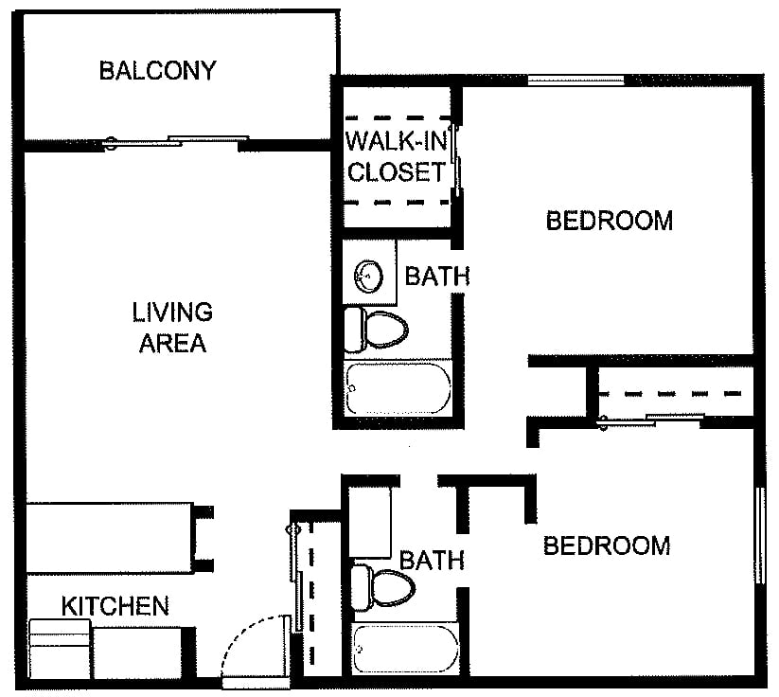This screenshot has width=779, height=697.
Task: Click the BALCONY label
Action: pos(157,71)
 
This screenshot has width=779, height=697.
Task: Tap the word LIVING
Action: pos(172,313)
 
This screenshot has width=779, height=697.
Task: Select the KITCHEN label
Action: pos(115,606)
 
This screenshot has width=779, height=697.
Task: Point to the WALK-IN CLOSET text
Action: pos(396,156)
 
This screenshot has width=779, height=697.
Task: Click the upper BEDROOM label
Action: pos(609,221)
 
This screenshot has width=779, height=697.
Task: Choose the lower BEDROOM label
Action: pos(607,545)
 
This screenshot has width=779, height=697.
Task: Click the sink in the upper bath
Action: pos(368,276)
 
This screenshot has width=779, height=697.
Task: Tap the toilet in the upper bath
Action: pos(376,329)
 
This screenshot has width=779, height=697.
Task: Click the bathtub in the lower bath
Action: pos(405,649)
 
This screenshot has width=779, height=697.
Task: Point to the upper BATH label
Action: pos(437,276)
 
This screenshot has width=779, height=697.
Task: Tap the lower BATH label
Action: pos(433,561)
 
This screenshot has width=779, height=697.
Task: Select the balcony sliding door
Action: pos(176,141)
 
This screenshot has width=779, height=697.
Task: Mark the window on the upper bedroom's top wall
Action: pos(575,80)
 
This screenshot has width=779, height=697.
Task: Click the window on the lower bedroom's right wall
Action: pos(760,535)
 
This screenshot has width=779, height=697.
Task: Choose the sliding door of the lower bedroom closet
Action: pos(651,420)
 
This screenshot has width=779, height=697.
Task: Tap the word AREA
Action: pos(172,343)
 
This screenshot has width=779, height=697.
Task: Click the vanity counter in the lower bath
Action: pos(370,522)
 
